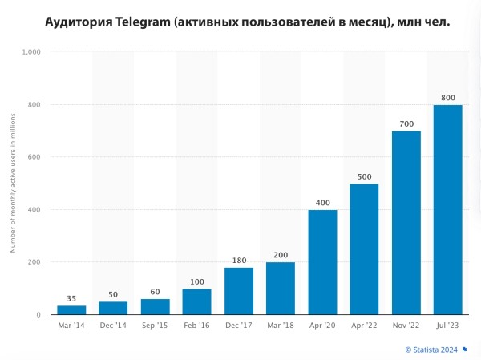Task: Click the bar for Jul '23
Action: click(x=447, y=210)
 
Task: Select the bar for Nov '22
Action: click(x=406, y=223)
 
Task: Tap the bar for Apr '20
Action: click(x=322, y=262)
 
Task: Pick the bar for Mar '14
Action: click(x=71, y=310)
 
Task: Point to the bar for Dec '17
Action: click(x=239, y=291)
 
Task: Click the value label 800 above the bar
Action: click(x=447, y=98)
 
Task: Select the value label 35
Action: click(x=71, y=298)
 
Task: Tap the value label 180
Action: click(x=239, y=260)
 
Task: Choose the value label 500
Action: click(x=364, y=176)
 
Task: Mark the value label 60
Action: click(x=155, y=292)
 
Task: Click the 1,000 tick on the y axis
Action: click(x=32, y=51)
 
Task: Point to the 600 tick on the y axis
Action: click(x=35, y=157)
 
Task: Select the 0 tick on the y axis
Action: click(x=38, y=315)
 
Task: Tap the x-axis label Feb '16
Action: click(x=196, y=326)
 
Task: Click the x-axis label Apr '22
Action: click(x=364, y=326)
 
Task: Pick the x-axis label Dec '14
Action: click(x=113, y=326)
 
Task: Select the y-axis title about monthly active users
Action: click(x=13, y=183)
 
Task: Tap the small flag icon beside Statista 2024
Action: click(x=465, y=350)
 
